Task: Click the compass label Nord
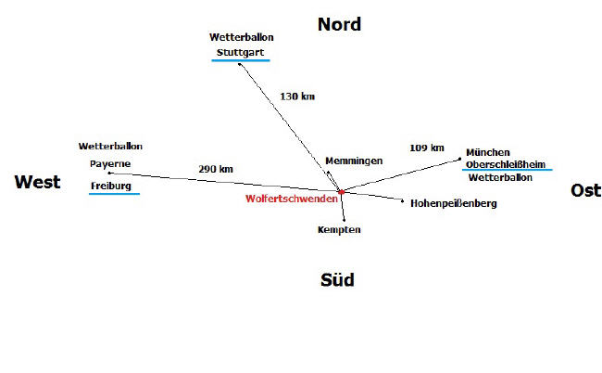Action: [339, 24]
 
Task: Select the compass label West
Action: [37, 182]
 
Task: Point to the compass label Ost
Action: [585, 190]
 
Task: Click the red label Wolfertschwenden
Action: [291, 199]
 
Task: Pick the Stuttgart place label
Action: [241, 52]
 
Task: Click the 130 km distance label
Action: [296, 96]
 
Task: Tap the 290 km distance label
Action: [215, 169]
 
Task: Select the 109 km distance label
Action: [427, 148]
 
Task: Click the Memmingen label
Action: [354, 161]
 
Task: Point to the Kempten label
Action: [339, 229]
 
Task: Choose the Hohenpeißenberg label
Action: [454, 202]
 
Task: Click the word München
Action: [488, 151]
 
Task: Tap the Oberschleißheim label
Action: [506, 164]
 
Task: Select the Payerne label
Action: [110, 163]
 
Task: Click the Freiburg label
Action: [111, 186]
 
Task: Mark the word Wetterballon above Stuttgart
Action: [242, 37]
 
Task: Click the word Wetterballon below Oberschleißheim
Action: [500, 177]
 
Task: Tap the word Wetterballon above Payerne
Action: [111, 147]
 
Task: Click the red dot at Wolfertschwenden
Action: [342, 191]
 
